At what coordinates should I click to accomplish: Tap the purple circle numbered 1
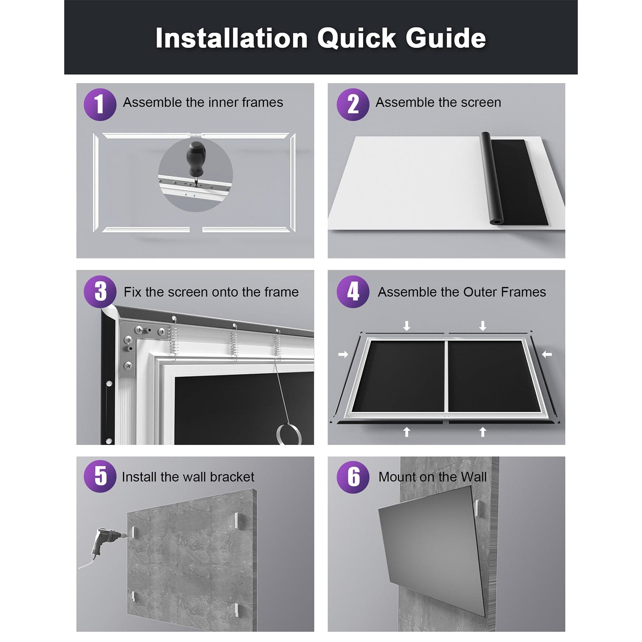coord(100,104)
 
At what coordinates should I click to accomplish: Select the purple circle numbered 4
coord(353,292)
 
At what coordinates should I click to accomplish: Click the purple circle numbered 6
coord(353,477)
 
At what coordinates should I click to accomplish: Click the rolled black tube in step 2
coord(494,179)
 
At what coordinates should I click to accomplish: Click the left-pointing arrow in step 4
coord(547,354)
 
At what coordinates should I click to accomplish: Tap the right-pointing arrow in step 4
coord(343,354)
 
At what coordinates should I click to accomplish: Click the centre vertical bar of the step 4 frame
coord(446,376)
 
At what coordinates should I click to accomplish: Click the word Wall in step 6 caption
coord(473,477)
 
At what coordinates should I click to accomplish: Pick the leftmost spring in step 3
coord(174,339)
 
